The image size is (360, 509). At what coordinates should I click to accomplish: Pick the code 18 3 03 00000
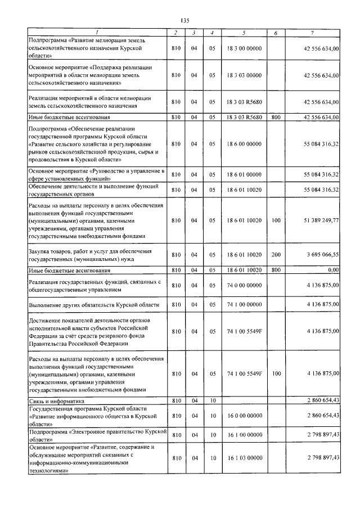click(244, 75)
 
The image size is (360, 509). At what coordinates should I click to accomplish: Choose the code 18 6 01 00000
click(244, 174)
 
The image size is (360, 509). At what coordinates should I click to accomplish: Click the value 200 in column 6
click(276, 255)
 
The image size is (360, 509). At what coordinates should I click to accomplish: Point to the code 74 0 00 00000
click(244, 286)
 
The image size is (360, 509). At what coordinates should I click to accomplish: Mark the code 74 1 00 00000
click(244, 304)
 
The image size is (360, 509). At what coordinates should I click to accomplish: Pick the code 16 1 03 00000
click(244, 458)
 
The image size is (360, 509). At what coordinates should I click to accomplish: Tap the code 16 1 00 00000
click(244, 435)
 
